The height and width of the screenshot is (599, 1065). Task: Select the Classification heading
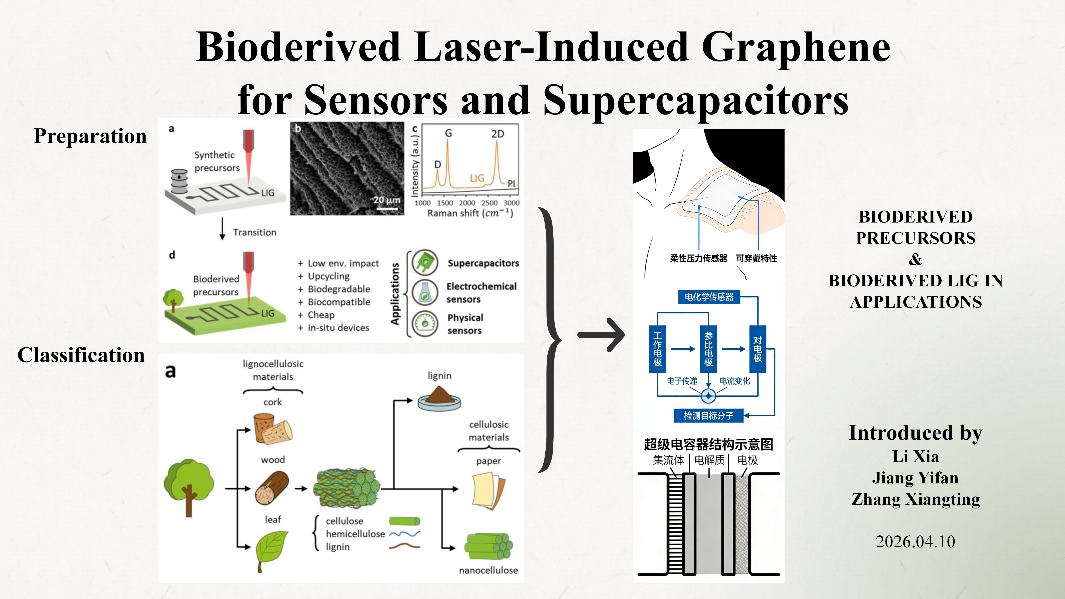pos(81,355)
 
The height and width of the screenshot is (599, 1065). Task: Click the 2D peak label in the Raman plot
pos(497,134)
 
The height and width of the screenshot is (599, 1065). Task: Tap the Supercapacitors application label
pos(483,263)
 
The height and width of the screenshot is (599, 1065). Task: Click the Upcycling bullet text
pos(328,276)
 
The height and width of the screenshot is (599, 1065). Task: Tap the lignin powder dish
pos(439,398)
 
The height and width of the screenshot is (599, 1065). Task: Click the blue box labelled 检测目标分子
pos(708,416)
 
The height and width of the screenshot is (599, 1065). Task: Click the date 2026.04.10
pos(915,542)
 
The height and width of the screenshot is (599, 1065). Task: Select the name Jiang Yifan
pos(915,478)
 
